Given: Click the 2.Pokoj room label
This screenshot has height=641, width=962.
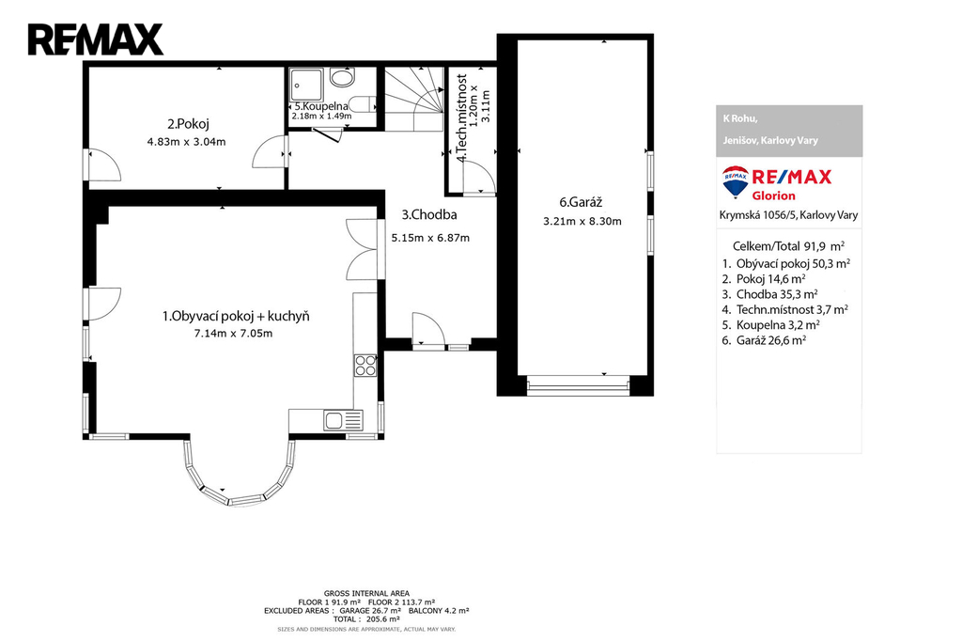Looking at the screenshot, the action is pos(188,124).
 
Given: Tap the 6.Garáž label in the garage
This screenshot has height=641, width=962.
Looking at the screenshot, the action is pos(581,202).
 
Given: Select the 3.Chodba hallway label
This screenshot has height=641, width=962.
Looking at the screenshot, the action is pos(428,215).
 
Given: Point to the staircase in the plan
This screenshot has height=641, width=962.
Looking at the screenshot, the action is pos(413,99).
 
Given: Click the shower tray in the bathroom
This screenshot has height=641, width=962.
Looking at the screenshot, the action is pos(306,86).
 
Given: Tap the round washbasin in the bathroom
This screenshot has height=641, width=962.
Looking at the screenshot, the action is pos(342,77).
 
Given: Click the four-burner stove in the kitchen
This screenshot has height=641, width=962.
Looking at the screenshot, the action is pos(365,366).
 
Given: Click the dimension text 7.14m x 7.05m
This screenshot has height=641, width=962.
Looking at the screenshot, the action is pos(233,334).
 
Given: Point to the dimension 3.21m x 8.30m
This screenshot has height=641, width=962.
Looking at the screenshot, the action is pos(582,221).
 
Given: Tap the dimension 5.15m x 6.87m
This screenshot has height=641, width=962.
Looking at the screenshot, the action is pos(430,238).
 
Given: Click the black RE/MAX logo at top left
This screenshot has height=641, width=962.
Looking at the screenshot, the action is pos(96,39).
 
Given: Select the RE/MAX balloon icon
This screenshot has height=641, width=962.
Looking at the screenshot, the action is pos(735,181).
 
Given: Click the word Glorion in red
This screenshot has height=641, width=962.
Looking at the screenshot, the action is pos(774,195).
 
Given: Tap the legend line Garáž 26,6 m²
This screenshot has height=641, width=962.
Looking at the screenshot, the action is pos(764,340).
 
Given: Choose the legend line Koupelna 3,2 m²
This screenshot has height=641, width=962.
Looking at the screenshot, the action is pos(770,325).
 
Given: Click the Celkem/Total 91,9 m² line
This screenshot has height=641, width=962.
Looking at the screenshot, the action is pos(788,246).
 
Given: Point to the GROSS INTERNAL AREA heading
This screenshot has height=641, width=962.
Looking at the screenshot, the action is pos(367,593).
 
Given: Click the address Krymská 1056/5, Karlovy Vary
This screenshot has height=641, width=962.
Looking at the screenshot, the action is pos(788,215).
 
